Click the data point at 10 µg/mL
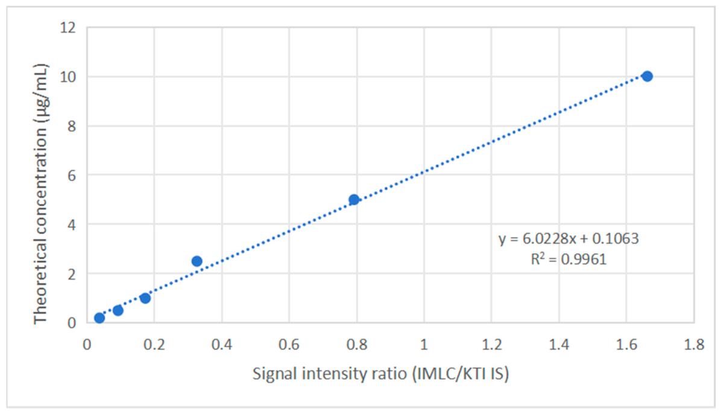click(647, 77)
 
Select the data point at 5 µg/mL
click(354, 199)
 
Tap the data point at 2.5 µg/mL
click(197, 261)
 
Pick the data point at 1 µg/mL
click(145, 298)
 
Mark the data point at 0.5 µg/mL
click(118, 310)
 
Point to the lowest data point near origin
click(99, 318)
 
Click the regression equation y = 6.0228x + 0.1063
click(569, 238)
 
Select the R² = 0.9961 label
click(569, 259)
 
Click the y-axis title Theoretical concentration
click(40, 194)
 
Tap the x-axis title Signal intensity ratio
click(381, 374)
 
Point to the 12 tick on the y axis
click(68, 28)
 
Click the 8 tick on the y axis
click(72, 126)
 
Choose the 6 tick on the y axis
click(72, 175)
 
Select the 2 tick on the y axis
click(72, 273)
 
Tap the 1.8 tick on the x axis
click(694, 345)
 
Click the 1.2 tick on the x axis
click(491, 345)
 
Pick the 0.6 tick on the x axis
click(289, 345)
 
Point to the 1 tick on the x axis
click(424, 345)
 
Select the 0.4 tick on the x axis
click(222, 345)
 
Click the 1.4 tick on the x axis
click(559, 345)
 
